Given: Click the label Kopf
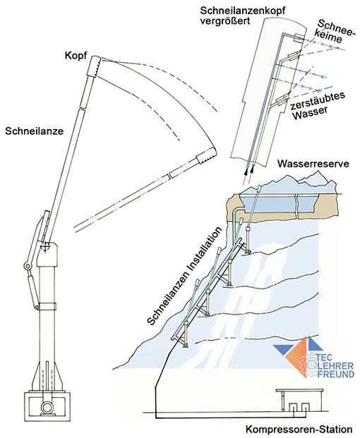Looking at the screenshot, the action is (x=76, y=56).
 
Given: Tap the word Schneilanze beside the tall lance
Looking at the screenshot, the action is (x=35, y=131).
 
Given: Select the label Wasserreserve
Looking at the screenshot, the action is (x=313, y=164).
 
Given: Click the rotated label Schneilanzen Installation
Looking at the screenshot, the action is (x=185, y=276).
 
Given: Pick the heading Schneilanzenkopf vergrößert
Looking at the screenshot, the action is (x=243, y=16).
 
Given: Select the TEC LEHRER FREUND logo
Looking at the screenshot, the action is (x=314, y=358).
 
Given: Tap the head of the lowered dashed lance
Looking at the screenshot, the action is (x=207, y=156).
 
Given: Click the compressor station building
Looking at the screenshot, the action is (x=299, y=401).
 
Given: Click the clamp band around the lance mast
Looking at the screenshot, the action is (x=47, y=306).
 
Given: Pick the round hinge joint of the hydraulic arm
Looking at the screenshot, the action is (x=27, y=267).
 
